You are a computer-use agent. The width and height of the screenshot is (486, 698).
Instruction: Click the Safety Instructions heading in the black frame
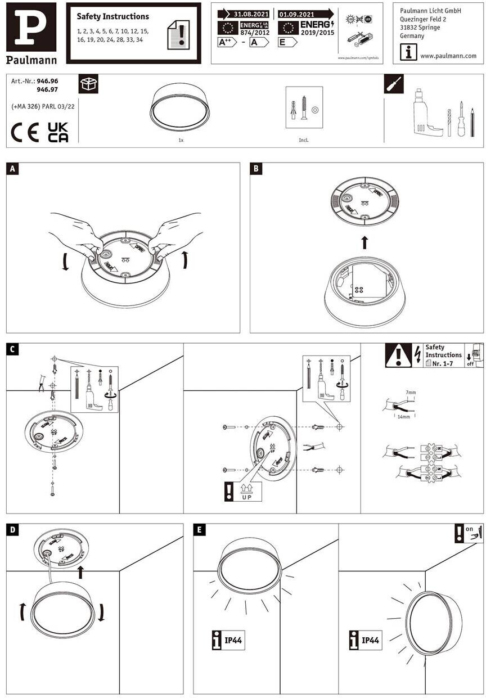coord(112,17)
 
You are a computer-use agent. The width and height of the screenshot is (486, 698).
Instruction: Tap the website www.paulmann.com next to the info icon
coord(448,56)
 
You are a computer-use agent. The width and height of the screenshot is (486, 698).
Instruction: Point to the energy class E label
coord(287,42)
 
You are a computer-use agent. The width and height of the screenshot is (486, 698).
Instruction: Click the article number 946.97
coord(47,89)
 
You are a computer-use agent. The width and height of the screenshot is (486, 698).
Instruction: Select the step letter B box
coord(256,168)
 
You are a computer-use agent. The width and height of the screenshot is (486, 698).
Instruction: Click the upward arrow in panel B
coord(364,242)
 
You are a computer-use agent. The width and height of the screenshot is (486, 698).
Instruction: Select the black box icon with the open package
coord(88,84)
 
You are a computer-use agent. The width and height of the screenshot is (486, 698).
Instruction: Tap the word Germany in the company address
coord(412,36)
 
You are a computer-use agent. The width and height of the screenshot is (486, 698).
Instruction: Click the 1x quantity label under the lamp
coord(180,139)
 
